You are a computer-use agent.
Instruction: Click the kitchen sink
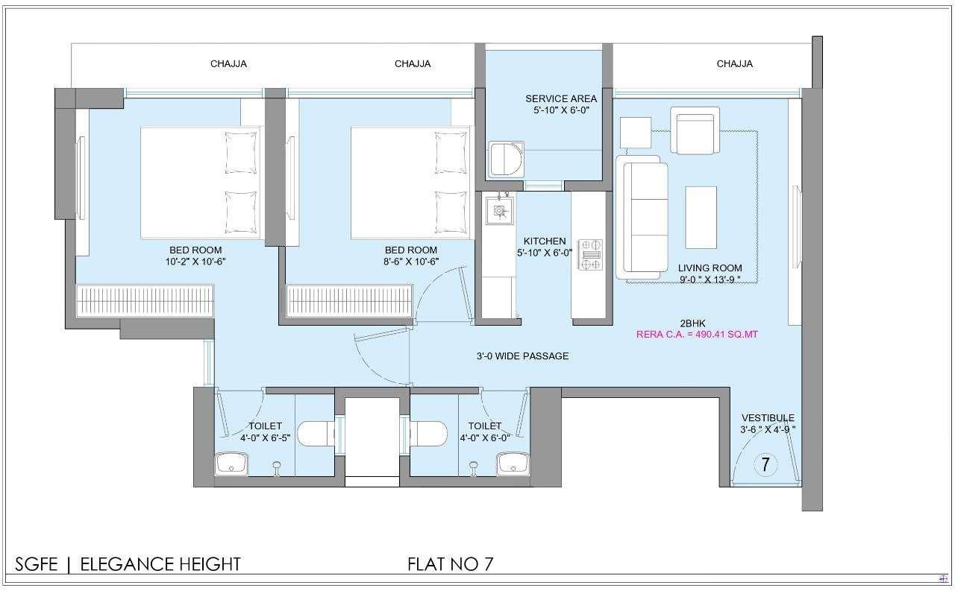tap(499, 210)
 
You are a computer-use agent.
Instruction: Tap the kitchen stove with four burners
tap(590, 255)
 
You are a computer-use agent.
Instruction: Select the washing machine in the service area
tap(506, 159)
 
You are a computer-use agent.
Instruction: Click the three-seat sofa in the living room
tap(642, 217)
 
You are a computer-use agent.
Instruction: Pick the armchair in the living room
tap(695, 130)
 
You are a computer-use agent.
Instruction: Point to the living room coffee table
tap(701, 217)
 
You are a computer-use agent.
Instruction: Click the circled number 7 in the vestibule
tap(765, 464)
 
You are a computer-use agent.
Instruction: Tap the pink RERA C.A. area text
tap(697, 335)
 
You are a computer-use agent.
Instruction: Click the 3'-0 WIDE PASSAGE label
tap(522, 356)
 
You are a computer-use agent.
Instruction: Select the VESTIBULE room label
tap(768, 417)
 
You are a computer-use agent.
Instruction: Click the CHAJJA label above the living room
tap(735, 64)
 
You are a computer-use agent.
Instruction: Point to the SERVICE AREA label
tap(561, 99)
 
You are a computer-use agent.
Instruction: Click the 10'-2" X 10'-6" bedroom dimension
tap(195, 262)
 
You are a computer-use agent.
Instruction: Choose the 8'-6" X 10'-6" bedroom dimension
tap(411, 262)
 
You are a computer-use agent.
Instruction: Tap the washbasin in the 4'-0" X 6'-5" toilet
tap(231, 464)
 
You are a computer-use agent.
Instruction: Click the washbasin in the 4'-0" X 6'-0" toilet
tap(513, 464)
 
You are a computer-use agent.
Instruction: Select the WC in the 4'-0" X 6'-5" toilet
tap(316, 434)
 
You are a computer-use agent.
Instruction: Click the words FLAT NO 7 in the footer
tap(450, 564)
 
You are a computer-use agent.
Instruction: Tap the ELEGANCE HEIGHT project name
tap(160, 564)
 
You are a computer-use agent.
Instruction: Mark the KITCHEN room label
tap(545, 241)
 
